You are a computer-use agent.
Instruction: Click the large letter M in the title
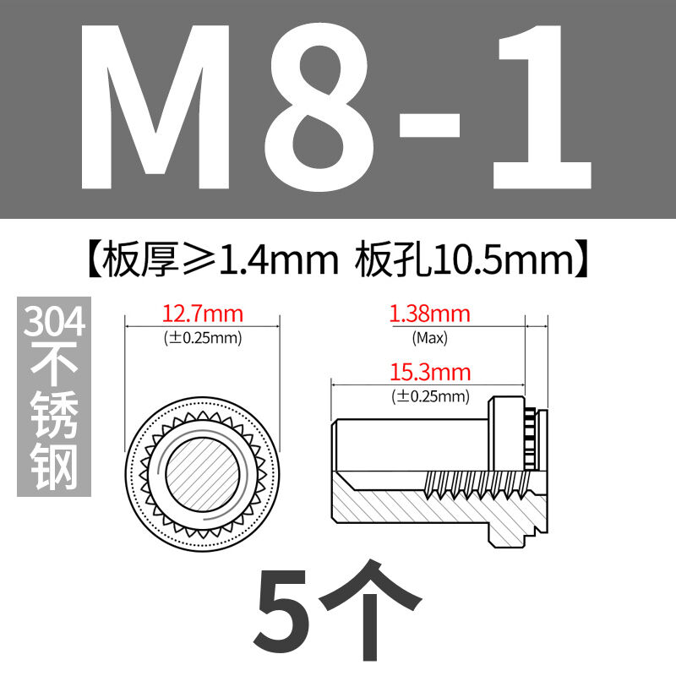pyautogui.click(x=155, y=107)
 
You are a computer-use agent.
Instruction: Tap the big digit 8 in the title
pyautogui.click(x=315, y=107)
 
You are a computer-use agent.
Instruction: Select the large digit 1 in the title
pyautogui.click(x=542, y=107)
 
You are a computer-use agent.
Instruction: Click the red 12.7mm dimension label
pyautogui.click(x=203, y=313)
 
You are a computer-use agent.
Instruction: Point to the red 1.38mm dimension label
pyautogui.click(x=429, y=313)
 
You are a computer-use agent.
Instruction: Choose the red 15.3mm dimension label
pyautogui.click(x=430, y=372)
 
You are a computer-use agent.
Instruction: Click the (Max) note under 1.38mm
pyautogui.click(x=430, y=337)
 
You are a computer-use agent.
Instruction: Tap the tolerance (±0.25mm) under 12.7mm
pyautogui.click(x=203, y=337)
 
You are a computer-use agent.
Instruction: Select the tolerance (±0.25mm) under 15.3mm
pyautogui.click(x=430, y=396)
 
